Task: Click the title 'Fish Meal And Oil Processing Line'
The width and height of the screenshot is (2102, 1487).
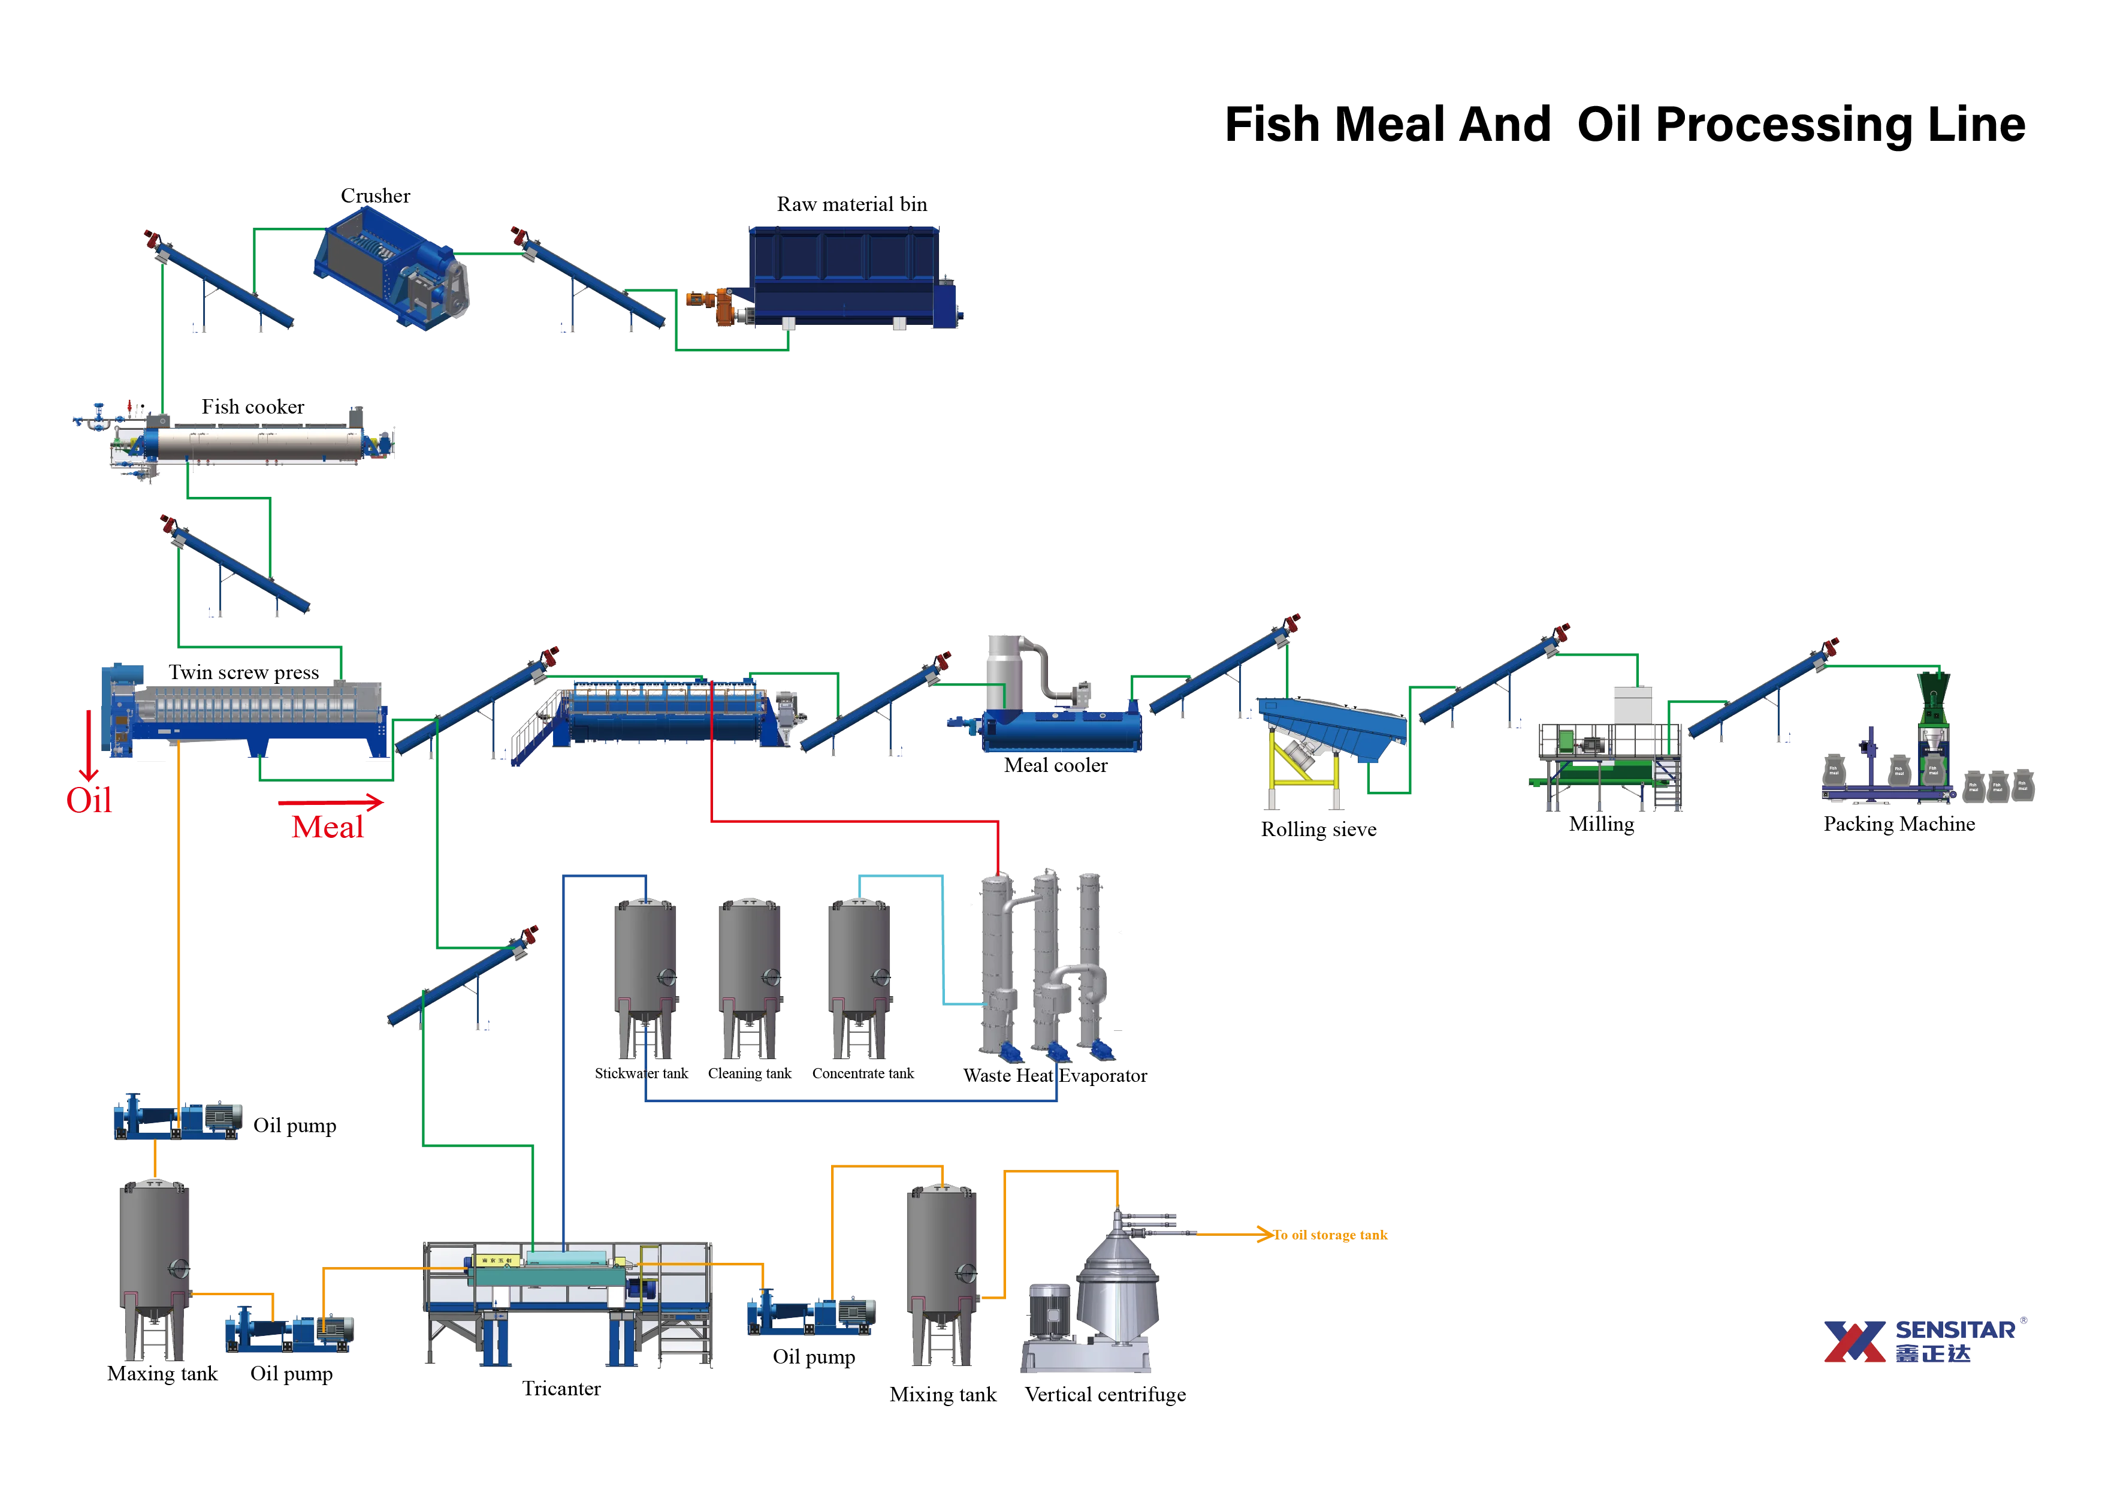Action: [x=1625, y=125]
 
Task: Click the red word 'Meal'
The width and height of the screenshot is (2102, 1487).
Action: [x=326, y=827]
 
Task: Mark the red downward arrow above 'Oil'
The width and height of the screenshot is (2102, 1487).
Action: [x=89, y=746]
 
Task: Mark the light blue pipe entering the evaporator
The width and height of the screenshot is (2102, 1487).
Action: [x=943, y=943]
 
